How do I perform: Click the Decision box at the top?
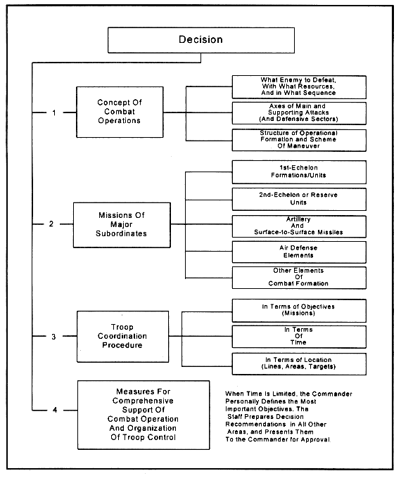tap(201, 40)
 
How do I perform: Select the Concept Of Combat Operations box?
tap(120, 112)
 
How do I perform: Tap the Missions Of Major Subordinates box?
tap(122, 225)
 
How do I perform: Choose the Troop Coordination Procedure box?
tap(122, 337)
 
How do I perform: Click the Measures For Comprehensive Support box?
tap(144, 415)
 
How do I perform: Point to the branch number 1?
tap(54, 112)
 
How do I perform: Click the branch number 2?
tap(51, 224)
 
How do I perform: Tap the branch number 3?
tap(53, 337)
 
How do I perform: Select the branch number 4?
tap(55, 410)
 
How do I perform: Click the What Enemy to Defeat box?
tap(299, 87)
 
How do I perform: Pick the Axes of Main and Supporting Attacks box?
tap(299, 113)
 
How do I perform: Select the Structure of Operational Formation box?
tap(299, 140)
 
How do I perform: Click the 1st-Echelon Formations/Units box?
tap(299, 172)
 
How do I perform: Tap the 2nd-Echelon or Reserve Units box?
tap(299, 199)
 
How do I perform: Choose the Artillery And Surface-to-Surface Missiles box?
tap(299, 226)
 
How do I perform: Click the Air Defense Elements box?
tap(299, 252)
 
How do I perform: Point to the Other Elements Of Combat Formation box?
tap(299, 278)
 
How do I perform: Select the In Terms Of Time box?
tap(299, 337)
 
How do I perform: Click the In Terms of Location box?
tap(299, 363)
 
